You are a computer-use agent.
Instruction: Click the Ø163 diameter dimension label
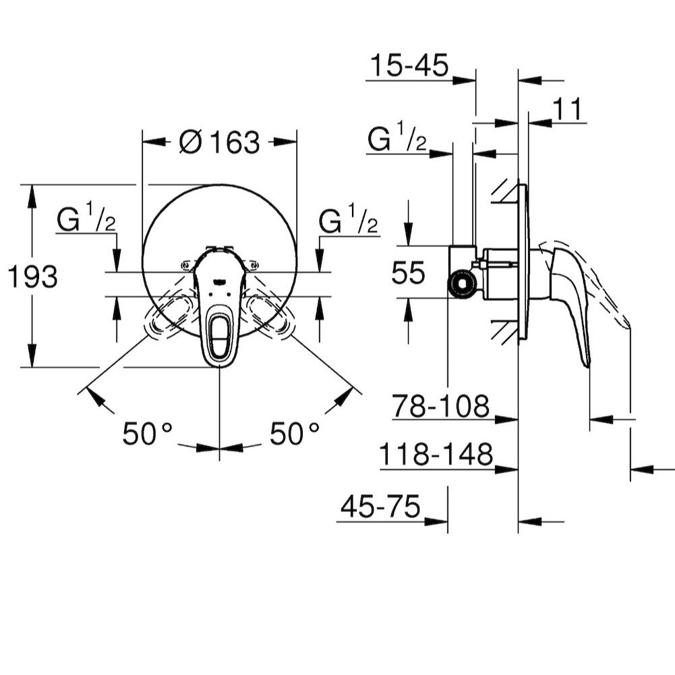pos(219,142)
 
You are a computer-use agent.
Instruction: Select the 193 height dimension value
pos(32,276)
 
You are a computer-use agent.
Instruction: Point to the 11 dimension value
pos(566,109)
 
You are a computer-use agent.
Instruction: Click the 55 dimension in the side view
pos(409,273)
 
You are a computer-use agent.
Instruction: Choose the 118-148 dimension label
pos(436,455)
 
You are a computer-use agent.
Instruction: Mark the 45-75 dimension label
pos(380,506)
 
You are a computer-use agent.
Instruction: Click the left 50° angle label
pos(147,434)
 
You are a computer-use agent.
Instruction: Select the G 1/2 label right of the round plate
pos(349,221)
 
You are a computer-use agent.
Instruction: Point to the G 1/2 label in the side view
pos(397,140)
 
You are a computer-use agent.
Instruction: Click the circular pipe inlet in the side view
pos(462,284)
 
